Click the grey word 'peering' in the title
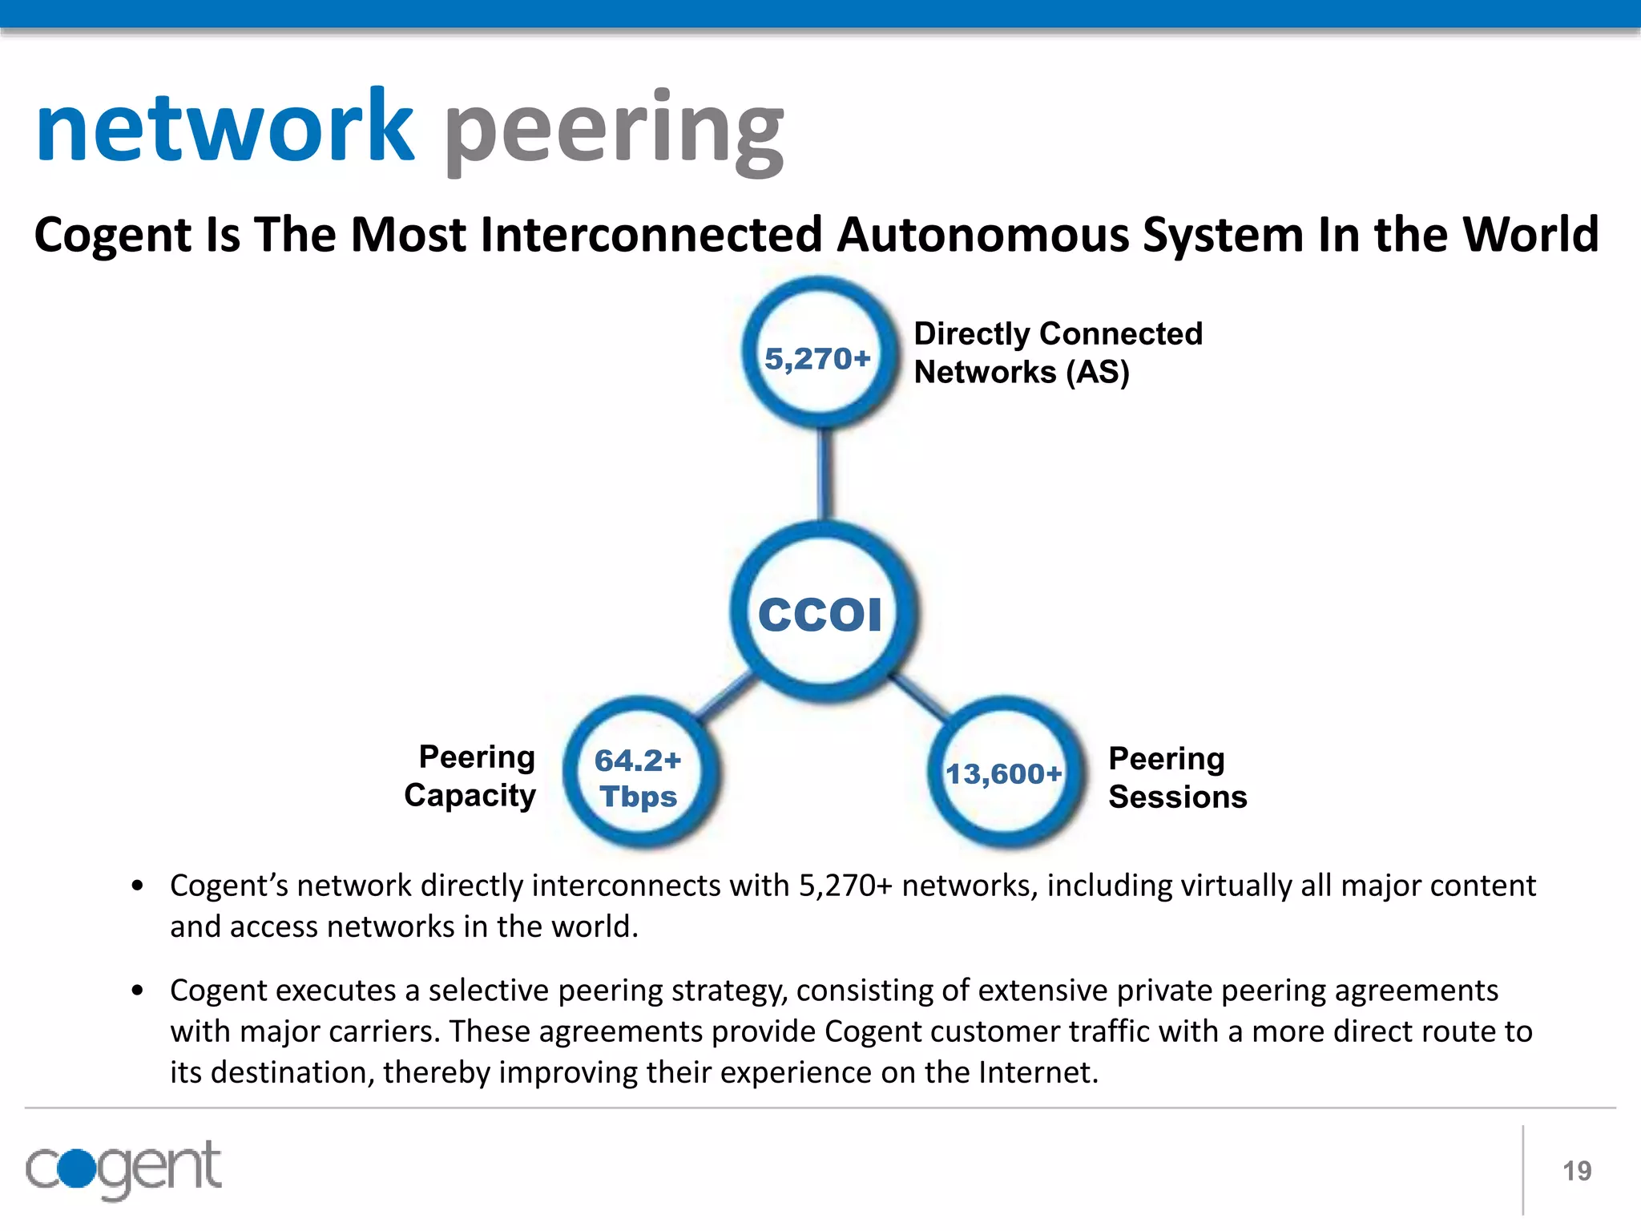coord(614,132)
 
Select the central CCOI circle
coord(822,613)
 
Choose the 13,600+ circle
coord(1004,773)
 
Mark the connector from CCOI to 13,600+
coord(919,695)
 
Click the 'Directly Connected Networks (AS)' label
coord(1058,353)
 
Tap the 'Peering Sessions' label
coord(1177,777)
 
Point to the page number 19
coord(1576,1171)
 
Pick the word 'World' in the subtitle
coord(1530,235)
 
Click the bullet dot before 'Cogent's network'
coord(138,886)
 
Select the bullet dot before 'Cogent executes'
coord(138,991)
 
